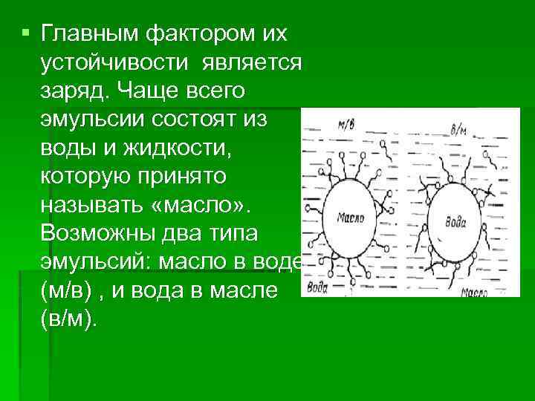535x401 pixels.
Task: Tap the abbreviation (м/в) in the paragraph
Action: [x=67, y=292]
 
